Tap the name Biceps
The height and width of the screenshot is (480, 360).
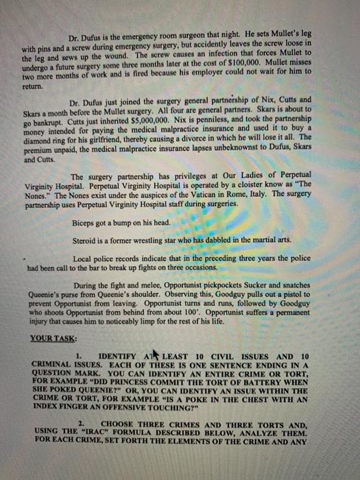(86, 222)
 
